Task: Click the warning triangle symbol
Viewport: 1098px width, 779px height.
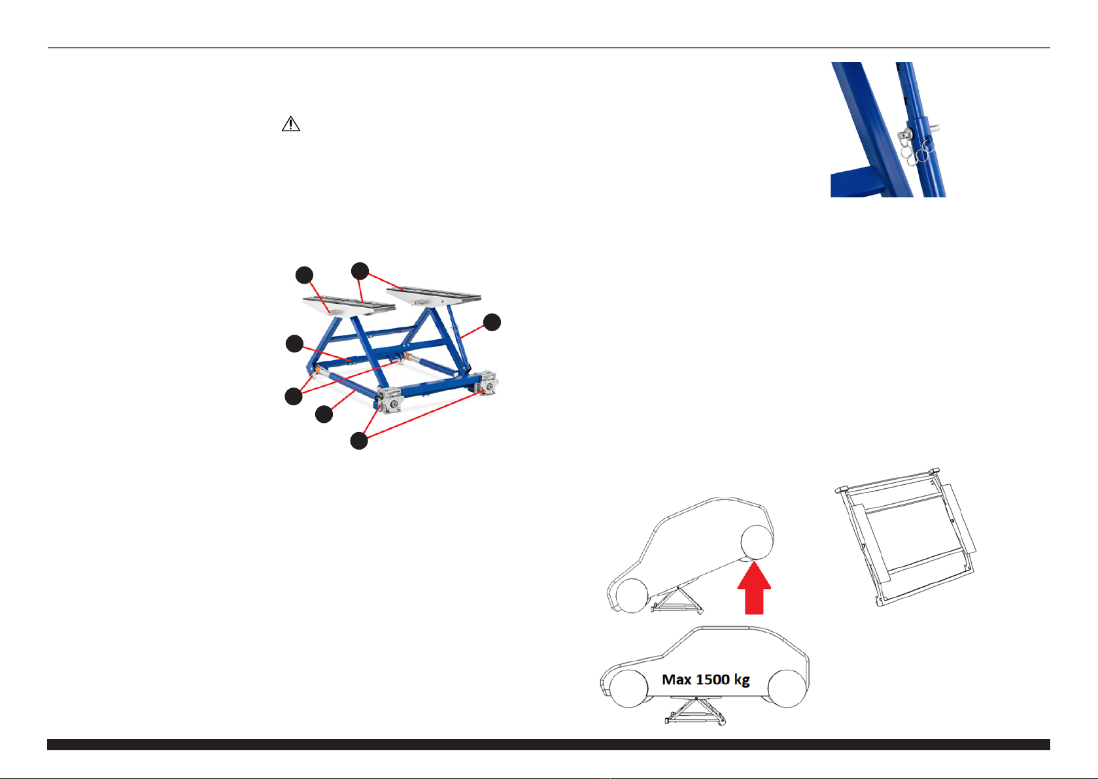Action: pyautogui.click(x=290, y=124)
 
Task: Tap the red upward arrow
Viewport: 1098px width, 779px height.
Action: pyautogui.click(x=754, y=588)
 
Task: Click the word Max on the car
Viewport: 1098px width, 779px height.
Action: pyautogui.click(x=676, y=680)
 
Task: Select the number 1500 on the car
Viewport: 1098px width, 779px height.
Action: pyautogui.click(x=713, y=680)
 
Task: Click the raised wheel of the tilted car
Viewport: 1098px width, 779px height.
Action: pyautogui.click(x=757, y=542)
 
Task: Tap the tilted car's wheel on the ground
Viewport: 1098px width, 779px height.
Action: pyautogui.click(x=631, y=596)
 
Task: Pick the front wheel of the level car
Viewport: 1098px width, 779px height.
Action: pyautogui.click(x=629, y=688)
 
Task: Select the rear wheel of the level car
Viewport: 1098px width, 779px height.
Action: pyautogui.click(x=787, y=688)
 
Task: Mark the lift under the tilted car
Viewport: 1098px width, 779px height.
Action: pyautogui.click(x=676, y=600)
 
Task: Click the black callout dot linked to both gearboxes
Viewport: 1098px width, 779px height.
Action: pyautogui.click(x=359, y=441)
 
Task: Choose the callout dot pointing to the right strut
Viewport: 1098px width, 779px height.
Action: pyautogui.click(x=492, y=322)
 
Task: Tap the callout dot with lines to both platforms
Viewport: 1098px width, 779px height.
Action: pyautogui.click(x=360, y=271)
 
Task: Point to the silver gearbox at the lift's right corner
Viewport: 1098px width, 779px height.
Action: pyautogui.click(x=487, y=383)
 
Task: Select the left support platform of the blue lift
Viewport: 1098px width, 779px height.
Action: pyautogui.click(x=349, y=306)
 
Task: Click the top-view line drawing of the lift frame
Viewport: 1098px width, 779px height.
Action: pyautogui.click(x=906, y=537)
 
